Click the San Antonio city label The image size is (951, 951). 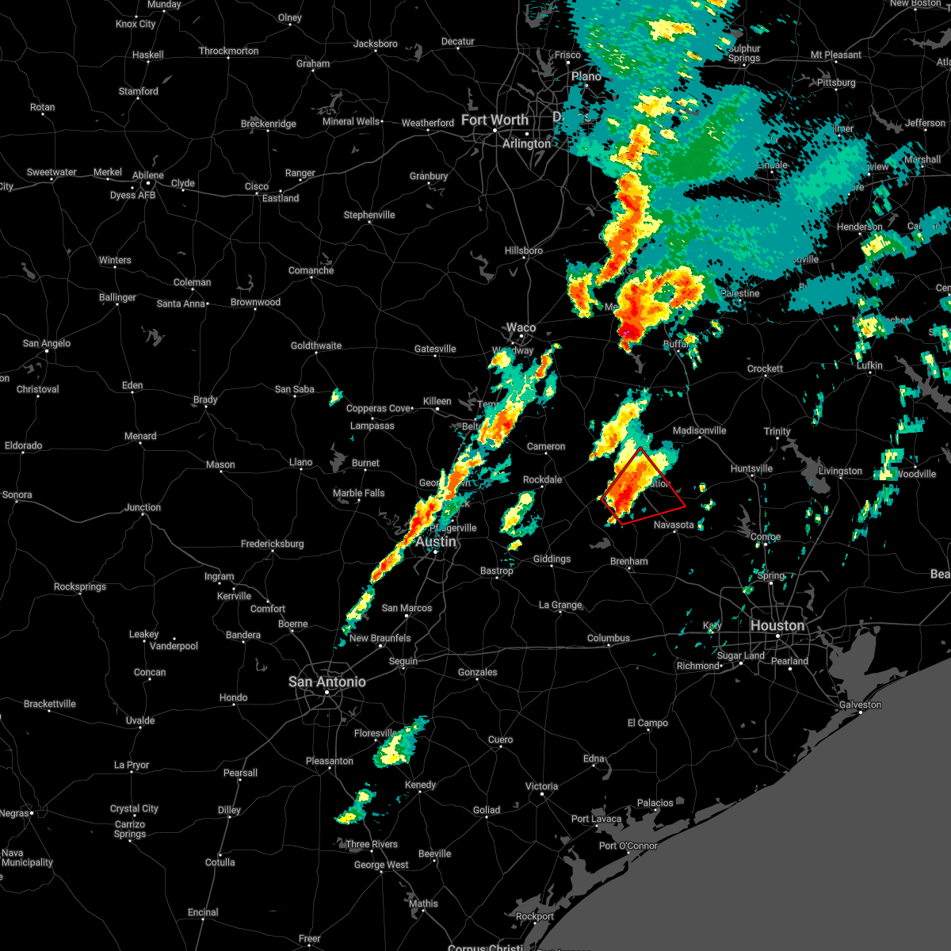327,682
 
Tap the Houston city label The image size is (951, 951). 777,625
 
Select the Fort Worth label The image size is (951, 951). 495,120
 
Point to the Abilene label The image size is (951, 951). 148,175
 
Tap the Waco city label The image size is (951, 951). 521,327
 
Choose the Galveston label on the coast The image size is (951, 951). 860,705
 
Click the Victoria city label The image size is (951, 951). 541,786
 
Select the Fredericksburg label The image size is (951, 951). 272,544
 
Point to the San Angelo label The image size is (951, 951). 47,343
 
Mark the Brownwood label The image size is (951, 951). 255,302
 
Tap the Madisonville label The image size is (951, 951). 699,430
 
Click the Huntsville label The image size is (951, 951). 751,468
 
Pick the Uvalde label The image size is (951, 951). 140,720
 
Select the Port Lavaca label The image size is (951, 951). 596,819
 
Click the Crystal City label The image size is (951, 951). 134,808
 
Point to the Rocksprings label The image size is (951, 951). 80,586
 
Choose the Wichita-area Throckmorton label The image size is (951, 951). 228,51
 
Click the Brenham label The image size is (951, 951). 628,561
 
